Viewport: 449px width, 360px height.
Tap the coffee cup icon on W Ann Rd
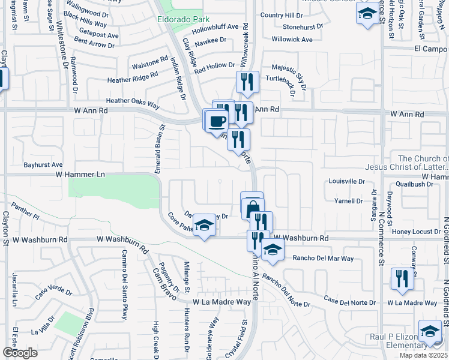pos(217,120)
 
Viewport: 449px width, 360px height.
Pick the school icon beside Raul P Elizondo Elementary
pos(430,332)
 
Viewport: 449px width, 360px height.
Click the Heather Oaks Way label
pos(133,103)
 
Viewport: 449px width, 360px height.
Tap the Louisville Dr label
pos(347,181)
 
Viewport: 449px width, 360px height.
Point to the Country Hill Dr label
pos(282,15)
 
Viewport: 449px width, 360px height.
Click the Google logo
pos(20,353)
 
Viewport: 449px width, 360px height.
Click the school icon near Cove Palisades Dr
pos(204,226)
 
